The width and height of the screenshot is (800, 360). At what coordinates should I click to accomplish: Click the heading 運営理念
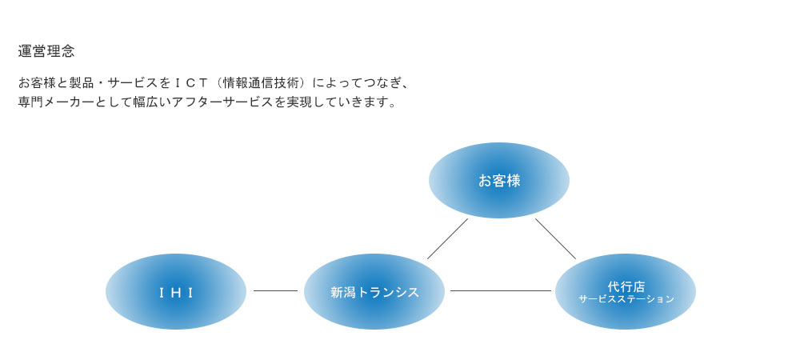point(46,51)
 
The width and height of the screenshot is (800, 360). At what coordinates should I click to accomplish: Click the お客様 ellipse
point(499,181)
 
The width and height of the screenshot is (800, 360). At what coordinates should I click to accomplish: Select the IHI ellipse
point(176,292)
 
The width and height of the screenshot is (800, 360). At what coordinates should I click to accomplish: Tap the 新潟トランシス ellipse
point(374,292)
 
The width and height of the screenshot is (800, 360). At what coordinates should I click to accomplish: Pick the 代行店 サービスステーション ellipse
point(626,292)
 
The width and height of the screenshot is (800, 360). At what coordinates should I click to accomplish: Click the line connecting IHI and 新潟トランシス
point(275,291)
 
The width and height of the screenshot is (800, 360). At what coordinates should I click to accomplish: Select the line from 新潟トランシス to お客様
point(447,238)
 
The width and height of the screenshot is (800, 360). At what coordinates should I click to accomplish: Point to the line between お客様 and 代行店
point(556,238)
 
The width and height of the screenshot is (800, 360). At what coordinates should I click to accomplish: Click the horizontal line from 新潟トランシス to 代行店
point(501,291)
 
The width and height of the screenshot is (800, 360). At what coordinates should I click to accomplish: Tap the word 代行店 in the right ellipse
point(626,286)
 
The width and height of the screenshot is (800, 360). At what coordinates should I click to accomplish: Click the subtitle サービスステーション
point(626,299)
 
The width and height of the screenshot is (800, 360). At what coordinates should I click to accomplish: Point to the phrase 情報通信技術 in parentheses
point(263,82)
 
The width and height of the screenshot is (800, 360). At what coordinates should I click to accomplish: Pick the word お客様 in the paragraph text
point(37,82)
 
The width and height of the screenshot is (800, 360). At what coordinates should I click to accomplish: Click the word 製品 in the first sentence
point(81,82)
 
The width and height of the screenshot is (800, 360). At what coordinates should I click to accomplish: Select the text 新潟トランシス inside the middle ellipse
point(374,292)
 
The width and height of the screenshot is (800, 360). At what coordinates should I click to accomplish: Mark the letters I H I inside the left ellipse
point(176,293)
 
